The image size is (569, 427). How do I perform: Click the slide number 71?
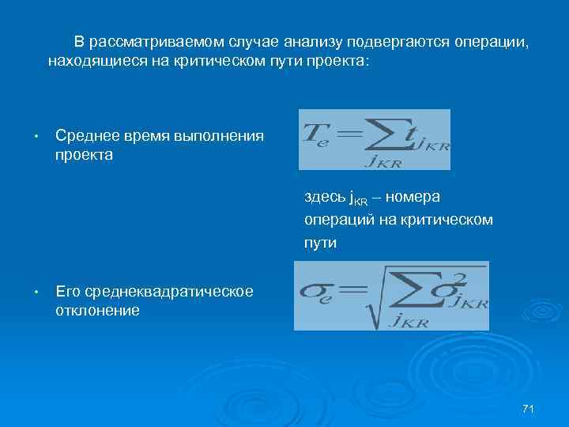pos(529,408)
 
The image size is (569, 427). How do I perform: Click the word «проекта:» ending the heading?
pos(338,60)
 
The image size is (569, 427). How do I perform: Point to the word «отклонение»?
pos(97,311)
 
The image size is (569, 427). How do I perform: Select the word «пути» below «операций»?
pos(320,244)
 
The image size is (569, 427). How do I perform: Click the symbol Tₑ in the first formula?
pos(317,134)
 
